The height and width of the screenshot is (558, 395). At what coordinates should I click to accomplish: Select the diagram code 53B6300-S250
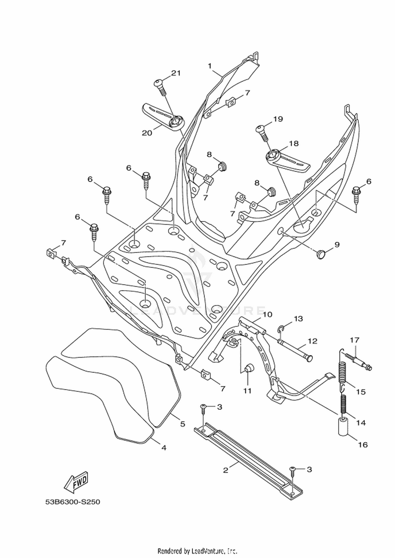point(73,502)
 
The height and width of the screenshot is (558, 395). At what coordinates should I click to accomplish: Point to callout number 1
point(210,66)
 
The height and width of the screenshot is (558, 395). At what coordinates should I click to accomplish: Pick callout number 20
point(147,133)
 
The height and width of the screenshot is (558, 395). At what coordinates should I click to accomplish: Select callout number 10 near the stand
point(267,314)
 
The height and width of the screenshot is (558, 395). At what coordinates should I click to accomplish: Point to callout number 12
point(312,341)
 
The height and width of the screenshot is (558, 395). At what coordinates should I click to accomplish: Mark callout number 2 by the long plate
point(226,470)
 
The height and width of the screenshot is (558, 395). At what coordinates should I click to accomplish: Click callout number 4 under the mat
point(164,447)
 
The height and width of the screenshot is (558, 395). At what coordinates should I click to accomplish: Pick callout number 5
point(182,424)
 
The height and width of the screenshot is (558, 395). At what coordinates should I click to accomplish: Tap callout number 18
point(294,143)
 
